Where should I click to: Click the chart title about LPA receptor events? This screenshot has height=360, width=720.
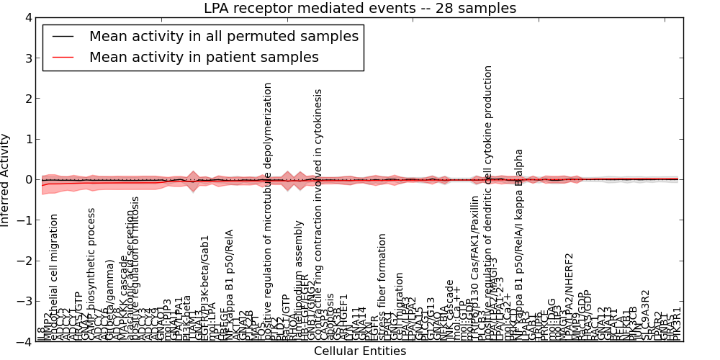359,9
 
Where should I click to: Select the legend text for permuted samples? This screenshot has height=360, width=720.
223,36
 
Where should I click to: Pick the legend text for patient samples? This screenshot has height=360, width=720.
204,57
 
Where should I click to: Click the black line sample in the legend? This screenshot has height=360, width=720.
63,37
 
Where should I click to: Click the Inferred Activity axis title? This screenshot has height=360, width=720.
6,179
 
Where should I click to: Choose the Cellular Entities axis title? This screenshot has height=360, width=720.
359,351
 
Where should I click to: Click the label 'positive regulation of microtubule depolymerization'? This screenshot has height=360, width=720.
268,209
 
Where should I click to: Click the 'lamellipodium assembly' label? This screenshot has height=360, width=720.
300,281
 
